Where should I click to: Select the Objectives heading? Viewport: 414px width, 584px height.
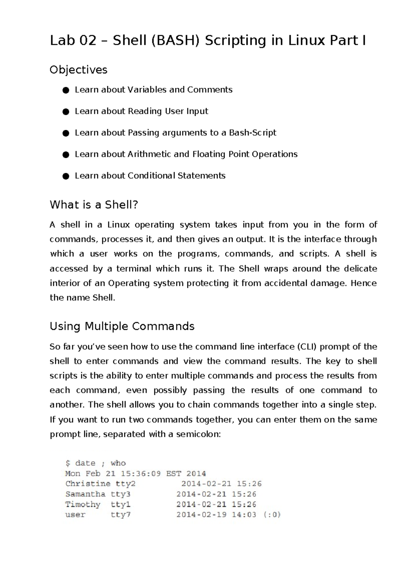[x=78, y=70]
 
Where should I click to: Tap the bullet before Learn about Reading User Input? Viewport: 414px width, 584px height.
[x=66, y=112]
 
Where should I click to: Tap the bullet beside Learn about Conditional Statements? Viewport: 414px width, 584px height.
[x=66, y=176]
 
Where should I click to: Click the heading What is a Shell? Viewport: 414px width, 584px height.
[x=94, y=205]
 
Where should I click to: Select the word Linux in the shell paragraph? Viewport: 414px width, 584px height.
[x=118, y=225]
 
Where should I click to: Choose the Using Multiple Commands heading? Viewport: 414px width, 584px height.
[x=122, y=326]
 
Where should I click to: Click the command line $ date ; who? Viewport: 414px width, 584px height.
[x=96, y=463]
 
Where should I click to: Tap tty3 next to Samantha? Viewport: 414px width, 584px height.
[x=120, y=494]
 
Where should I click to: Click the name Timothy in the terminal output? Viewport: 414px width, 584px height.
[x=83, y=504]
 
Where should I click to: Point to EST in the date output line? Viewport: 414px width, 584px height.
[x=174, y=473]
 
